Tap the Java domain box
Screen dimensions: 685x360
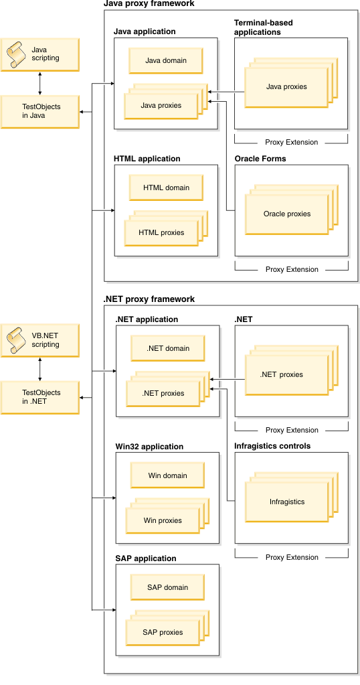coord(166,60)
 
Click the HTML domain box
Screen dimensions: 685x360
coord(166,187)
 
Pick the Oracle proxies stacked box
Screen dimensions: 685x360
coord(286,214)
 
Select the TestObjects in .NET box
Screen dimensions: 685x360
coord(40,398)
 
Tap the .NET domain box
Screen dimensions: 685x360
coord(167,348)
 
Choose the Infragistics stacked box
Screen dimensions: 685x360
coord(286,502)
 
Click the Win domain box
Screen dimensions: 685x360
coord(167,475)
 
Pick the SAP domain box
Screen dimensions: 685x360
coord(167,587)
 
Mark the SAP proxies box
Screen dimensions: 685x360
coord(162,632)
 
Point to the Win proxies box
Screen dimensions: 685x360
coord(162,520)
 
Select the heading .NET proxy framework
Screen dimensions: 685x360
coord(149,299)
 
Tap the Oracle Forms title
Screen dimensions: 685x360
coord(260,159)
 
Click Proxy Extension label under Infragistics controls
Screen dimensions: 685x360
coord(292,557)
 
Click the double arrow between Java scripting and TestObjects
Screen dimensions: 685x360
coord(40,83)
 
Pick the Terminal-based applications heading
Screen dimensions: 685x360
coord(264,27)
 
